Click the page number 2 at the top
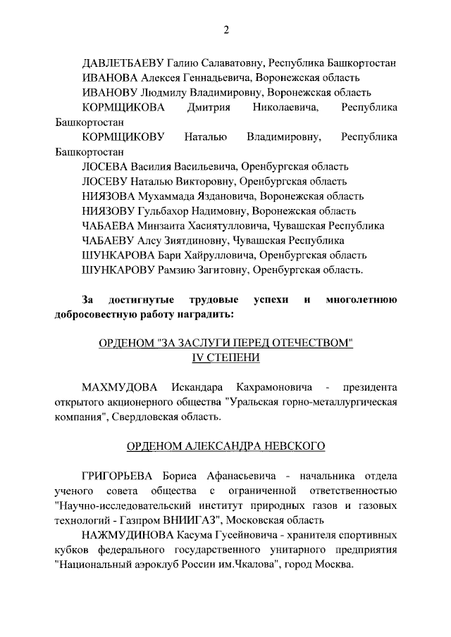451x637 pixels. (x=225, y=30)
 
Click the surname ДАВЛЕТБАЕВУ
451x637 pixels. (x=122, y=62)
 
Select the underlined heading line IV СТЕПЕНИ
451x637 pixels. (x=225, y=358)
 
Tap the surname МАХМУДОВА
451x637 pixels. (x=122, y=388)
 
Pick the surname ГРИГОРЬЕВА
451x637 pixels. (x=122, y=476)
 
